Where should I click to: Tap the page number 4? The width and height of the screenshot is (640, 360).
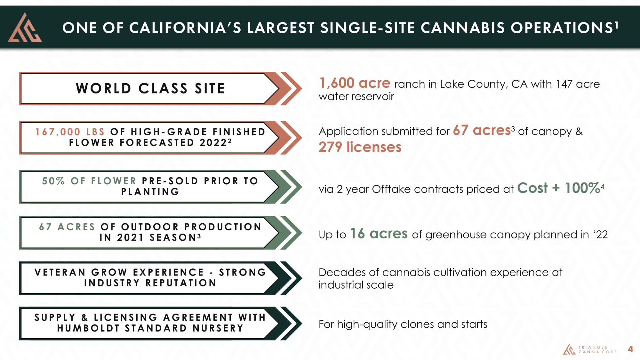(630, 349)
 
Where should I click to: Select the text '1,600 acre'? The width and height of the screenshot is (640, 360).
(355, 83)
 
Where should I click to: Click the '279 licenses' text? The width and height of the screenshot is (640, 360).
(360, 147)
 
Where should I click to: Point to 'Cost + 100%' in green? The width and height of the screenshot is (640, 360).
(558, 188)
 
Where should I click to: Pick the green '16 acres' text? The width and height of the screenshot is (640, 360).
(379, 234)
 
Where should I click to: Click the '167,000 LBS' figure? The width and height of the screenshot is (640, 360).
(70, 132)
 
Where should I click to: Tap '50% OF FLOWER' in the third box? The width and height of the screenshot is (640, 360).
(89, 181)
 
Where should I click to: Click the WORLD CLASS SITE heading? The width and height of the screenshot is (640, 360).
(150, 88)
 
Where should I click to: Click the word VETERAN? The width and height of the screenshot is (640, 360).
(60, 272)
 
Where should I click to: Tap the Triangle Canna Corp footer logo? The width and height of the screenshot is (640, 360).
(590, 349)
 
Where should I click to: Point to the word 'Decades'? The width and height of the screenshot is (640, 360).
(342, 272)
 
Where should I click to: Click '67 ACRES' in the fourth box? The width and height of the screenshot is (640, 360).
(67, 227)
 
